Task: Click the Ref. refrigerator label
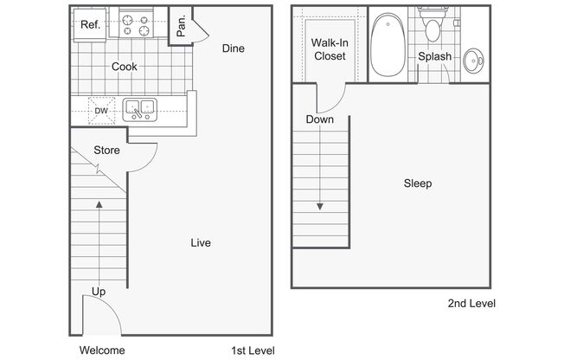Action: [90, 24]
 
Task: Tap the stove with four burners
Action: [136, 24]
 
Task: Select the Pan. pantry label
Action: [181, 26]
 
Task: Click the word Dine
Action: [233, 48]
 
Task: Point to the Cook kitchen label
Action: [124, 67]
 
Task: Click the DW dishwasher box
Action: [101, 111]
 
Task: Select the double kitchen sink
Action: [140, 109]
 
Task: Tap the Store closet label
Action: [106, 150]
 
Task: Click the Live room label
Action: [201, 242]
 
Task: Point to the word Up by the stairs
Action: [99, 292]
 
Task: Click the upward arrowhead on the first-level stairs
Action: [99, 204]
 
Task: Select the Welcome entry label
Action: [102, 350]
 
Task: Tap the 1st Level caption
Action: [253, 350]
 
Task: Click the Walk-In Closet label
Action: [330, 49]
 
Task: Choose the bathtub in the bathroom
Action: [388, 45]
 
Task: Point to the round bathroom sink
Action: [473, 61]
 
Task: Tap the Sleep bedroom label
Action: [418, 183]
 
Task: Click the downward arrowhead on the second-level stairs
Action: [320, 207]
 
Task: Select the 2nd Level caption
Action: [471, 303]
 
